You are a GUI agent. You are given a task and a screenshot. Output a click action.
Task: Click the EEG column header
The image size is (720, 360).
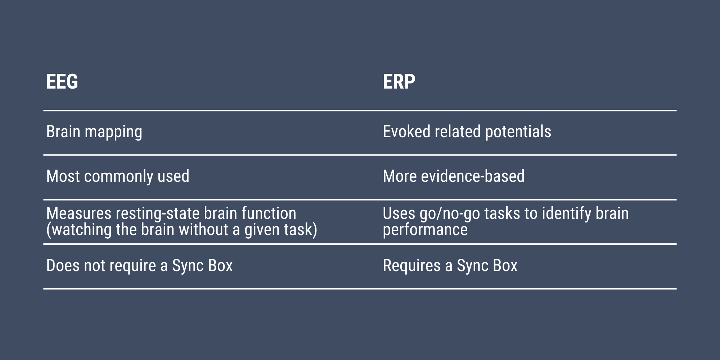point(62,81)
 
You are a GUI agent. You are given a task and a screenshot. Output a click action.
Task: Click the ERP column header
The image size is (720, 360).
point(399,81)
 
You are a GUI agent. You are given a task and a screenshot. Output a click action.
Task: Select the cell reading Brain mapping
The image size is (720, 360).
point(94,132)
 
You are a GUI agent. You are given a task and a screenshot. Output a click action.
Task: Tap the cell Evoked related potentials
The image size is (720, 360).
point(467,132)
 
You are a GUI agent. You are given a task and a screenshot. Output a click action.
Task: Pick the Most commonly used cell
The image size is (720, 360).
point(118,177)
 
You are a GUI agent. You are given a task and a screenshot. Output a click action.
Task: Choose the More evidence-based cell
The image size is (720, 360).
point(454,176)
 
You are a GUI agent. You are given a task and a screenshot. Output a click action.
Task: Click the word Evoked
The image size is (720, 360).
point(407,132)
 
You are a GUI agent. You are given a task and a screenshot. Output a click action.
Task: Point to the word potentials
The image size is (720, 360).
point(518,132)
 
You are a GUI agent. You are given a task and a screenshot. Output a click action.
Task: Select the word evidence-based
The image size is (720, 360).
point(473,176)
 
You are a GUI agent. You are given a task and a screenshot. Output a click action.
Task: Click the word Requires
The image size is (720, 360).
point(412,266)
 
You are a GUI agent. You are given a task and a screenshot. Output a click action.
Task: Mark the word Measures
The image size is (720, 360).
point(79,213)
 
